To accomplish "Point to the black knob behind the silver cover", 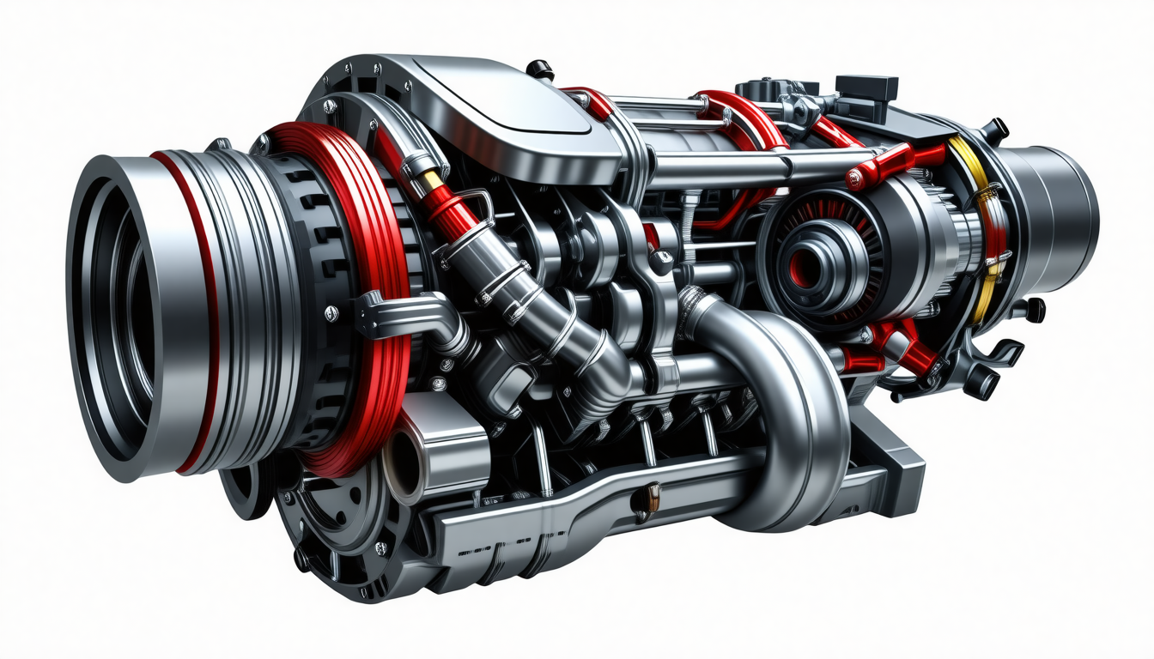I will (x=540, y=70).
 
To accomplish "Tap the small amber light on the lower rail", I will (x=653, y=494).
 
